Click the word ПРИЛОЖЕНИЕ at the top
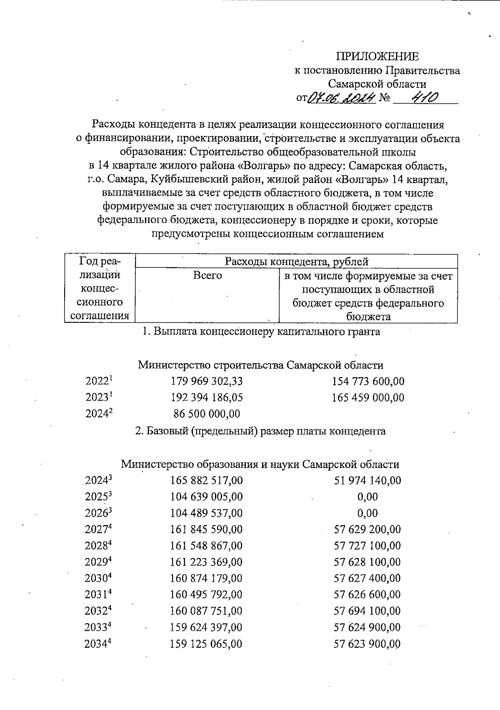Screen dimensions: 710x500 tap(377, 57)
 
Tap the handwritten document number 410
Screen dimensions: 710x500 tap(424, 98)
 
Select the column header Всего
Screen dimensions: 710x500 tap(207, 276)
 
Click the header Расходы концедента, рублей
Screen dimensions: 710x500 tap(296, 262)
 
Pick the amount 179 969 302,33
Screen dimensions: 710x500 tap(207, 381)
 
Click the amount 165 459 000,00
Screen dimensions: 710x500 tap(367, 398)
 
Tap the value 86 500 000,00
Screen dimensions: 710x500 tap(207, 414)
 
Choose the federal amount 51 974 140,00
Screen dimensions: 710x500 tap(367, 481)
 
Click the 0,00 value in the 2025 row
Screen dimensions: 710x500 tap(367, 497)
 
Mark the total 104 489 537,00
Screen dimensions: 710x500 tap(207, 513)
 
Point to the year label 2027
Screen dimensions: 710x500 tap(98, 530)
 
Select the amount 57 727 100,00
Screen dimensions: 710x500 tap(367, 546)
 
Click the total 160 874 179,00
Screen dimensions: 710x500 tap(207, 578)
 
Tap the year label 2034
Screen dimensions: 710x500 tap(97, 644)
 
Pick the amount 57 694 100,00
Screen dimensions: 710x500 tap(367, 611)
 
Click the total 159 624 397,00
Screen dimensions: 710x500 tap(207, 628)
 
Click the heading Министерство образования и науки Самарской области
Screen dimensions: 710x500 tap(260, 464)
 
